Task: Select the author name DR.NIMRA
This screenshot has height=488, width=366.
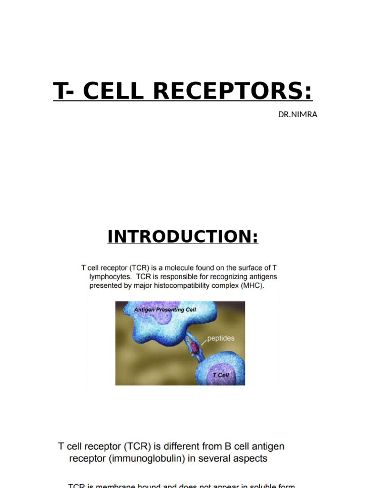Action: pyautogui.click(x=298, y=114)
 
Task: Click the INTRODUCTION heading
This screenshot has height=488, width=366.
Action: pyautogui.click(x=183, y=236)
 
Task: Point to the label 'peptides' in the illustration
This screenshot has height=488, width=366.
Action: pyautogui.click(x=221, y=339)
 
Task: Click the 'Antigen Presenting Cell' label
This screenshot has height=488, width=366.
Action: pyautogui.click(x=165, y=310)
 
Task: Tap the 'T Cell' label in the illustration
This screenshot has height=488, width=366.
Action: pyautogui.click(x=221, y=375)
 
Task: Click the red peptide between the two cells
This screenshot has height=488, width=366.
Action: pyautogui.click(x=194, y=349)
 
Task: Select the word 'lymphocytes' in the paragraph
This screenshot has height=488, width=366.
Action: pyautogui.click(x=109, y=276)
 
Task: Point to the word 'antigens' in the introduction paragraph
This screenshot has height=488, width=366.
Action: pyautogui.click(x=261, y=276)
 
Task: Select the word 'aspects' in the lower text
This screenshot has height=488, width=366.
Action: pyautogui.click(x=251, y=459)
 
